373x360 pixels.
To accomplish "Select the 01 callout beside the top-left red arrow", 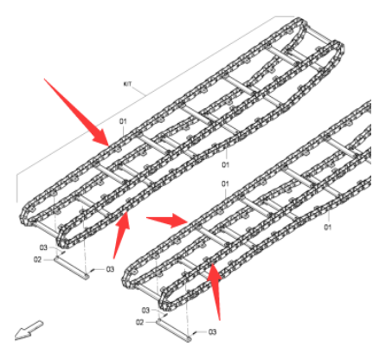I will pos(123,120).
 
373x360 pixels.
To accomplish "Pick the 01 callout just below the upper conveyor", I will pos(225,164).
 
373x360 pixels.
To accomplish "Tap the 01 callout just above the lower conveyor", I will pos(225,184).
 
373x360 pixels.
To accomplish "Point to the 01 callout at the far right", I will pos(328,228).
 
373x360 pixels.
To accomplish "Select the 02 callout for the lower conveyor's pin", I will pos(140,322).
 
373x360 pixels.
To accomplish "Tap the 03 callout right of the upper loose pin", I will pos(111,269).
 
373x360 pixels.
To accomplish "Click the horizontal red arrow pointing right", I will pos(167,219).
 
